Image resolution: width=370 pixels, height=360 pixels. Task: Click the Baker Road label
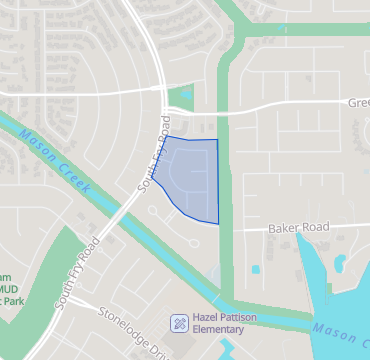coord(298,229)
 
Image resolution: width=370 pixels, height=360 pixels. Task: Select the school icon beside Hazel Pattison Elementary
coord(178,322)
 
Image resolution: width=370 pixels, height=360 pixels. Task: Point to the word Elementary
coord(217,329)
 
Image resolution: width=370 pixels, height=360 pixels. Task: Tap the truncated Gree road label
coord(357,101)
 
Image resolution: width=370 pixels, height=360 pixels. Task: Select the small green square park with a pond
coord(180,99)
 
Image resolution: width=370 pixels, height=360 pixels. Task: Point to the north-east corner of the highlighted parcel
coord(217,140)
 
